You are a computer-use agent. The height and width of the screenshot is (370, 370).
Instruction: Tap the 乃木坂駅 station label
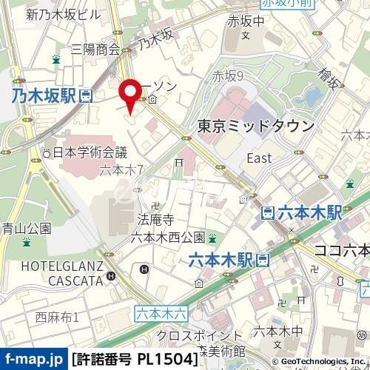[x=44, y=95]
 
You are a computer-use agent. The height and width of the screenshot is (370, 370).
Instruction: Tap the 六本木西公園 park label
[x=167, y=237]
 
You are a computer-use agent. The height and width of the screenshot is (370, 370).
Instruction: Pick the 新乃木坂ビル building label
[x=62, y=13]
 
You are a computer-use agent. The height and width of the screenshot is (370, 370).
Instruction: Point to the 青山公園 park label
[x=25, y=228]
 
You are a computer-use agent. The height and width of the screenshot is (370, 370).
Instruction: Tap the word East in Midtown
[x=259, y=158]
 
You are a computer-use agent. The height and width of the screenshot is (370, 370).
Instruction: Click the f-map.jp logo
[x=33, y=360]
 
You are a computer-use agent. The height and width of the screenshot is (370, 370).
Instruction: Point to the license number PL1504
[x=167, y=360]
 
